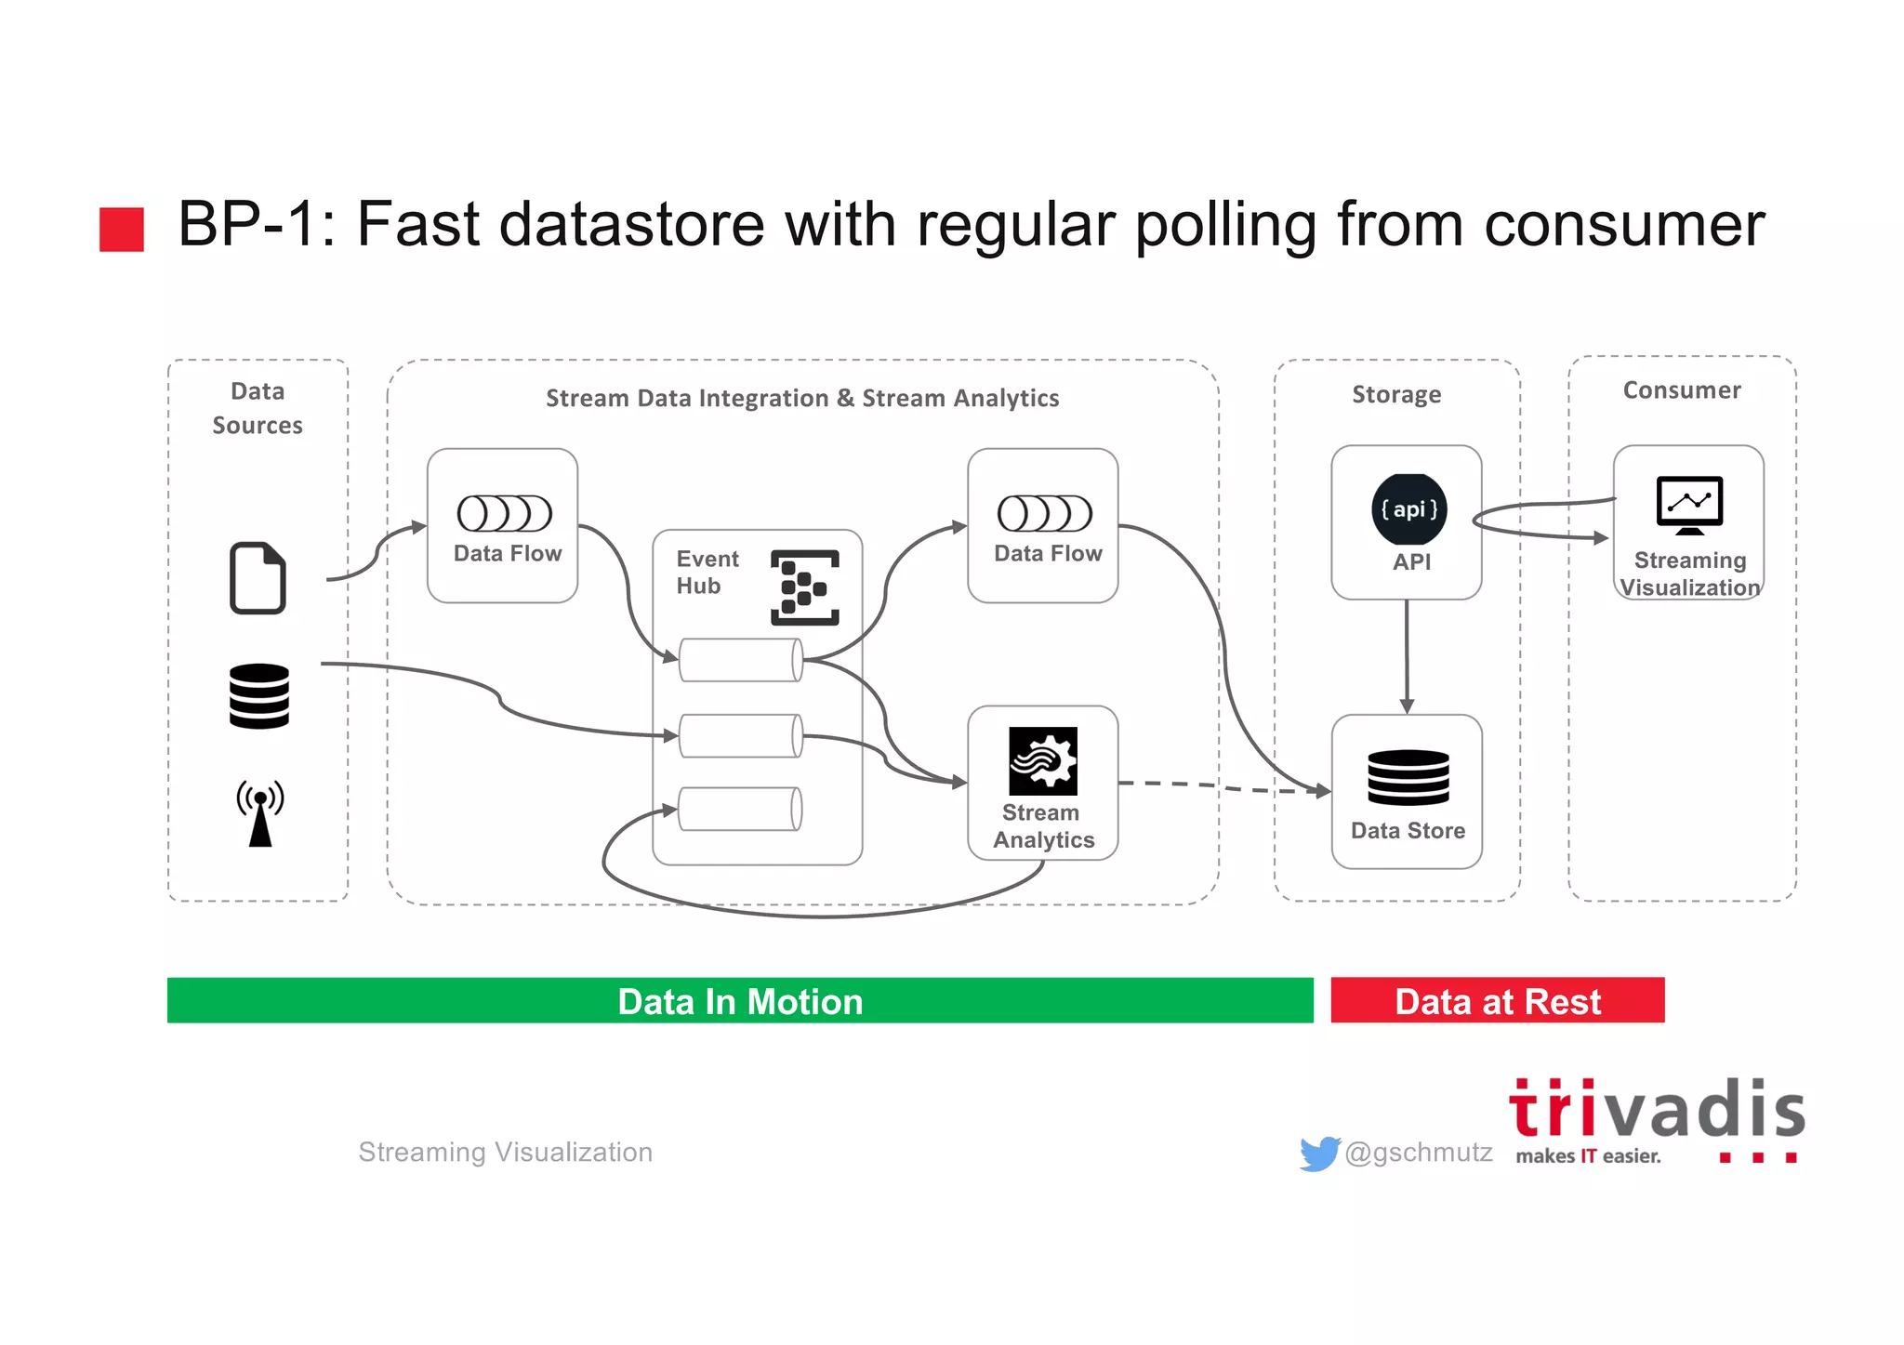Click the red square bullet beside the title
[122, 229]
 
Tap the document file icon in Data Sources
[258, 577]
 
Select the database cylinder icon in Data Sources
[259, 695]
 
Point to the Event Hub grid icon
[805, 587]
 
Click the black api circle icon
[1409, 509]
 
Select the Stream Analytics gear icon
[1043, 760]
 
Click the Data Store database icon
[1408, 777]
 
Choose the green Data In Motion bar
[740, 1000]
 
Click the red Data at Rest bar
[1497, 1000]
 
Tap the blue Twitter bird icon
[1319, 1154]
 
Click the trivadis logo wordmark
[1657, 1111]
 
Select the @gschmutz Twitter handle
[1419, 1153]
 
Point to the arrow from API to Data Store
[1407, 656]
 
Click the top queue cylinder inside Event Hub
[741, 660]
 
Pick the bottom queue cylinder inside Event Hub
[741, 809]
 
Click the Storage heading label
[1396, 394]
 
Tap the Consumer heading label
[1682, 390]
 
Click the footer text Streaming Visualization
[505, 1153]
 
